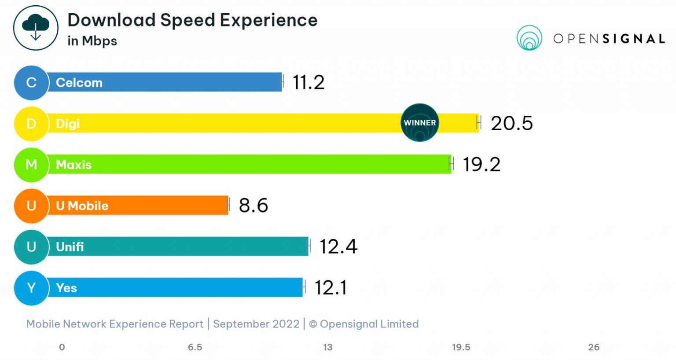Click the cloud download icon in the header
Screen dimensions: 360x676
(x=36, y=28)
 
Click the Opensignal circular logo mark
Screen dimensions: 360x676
(x=529, y=38)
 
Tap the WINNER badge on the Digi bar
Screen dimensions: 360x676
(x=420, y=123)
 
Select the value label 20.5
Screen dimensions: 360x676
(x=511, y=123)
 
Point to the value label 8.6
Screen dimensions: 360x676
(x=253, y=206)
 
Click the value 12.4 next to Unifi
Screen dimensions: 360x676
(x=338, y=246)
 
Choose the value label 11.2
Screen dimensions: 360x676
(x=309, y=82)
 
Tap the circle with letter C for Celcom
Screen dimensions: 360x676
(x=31, y=82)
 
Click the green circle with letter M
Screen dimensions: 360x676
(x=31, y=165)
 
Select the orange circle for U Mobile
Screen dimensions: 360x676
(x=31, y=206)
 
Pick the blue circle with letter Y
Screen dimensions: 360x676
(x=31, y=288)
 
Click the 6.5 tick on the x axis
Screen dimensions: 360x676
(x=195, y=347)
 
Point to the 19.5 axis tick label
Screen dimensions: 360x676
(x=461, y=347)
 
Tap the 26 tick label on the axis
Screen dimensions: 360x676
(x=594, y=347)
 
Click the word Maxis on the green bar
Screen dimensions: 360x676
(x=73, y=165)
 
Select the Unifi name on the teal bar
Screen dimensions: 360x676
(x=70, y=247)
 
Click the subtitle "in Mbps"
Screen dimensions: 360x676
(x=92, y=41)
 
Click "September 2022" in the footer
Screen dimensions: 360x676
(x=256, y=324)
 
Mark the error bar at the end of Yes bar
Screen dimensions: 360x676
(x=303, y=287)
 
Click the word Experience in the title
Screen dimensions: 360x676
(x=268, y=20)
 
